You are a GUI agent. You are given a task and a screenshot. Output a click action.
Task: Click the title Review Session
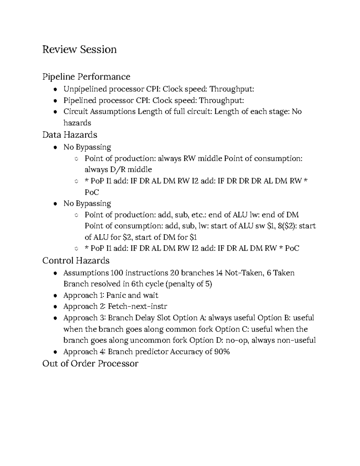point(79,50)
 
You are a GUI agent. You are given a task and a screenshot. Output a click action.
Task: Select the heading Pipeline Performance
point(86,77)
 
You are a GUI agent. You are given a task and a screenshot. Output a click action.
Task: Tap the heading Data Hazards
point(70,135)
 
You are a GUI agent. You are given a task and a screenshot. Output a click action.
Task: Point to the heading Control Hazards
point(76,260)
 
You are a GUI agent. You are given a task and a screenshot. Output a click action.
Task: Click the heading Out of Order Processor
point(90,364)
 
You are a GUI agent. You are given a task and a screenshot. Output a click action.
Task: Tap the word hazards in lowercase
point(77,123)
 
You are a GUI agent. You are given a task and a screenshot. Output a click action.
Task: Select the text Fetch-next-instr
point(137,307)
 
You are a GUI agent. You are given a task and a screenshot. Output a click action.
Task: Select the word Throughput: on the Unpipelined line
point(232,89)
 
